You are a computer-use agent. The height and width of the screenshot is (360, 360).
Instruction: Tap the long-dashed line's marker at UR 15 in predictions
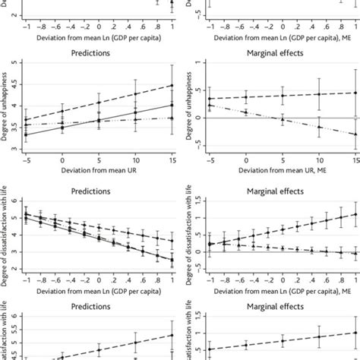point(172,85)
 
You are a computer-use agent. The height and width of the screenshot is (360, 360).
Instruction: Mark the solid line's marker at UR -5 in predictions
point(27,135)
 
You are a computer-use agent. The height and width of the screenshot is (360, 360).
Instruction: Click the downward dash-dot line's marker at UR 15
point(355,134)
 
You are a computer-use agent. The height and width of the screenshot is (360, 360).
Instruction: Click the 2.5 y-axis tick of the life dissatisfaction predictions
point(15,261)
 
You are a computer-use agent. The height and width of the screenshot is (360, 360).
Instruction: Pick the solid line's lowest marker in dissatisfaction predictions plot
point(172,260)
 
